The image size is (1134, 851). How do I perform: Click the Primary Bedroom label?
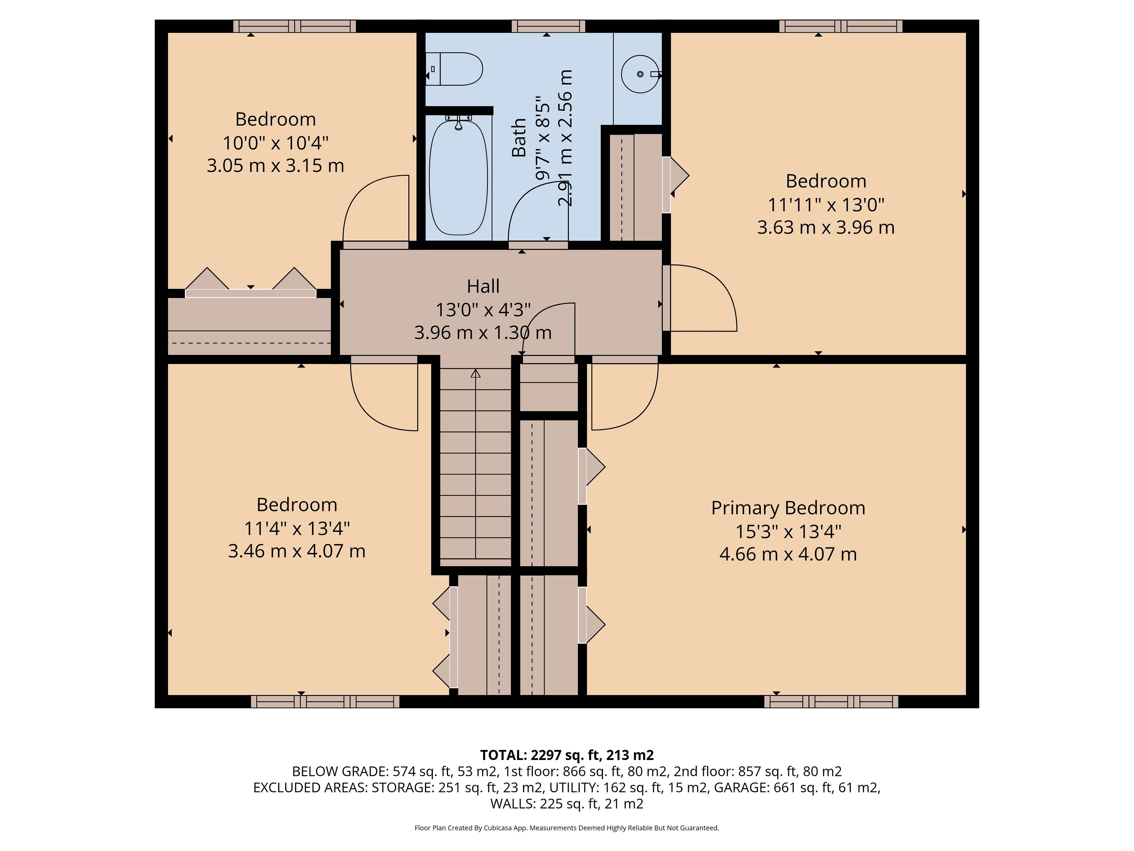coord(788,508)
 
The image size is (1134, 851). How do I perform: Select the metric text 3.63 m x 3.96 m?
coord(826,227)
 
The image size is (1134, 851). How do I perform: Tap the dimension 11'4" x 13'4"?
coord(297,528)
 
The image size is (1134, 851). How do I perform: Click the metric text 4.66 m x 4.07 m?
coord(788,554)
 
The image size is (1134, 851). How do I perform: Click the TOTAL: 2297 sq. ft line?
coord(567,755)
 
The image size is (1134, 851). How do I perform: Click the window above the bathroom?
coord(548,26)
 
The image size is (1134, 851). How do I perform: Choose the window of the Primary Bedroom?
coord(831,701)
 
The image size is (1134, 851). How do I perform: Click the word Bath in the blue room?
coord(519,137)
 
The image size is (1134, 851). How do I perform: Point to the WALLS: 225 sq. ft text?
coord(567,803)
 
